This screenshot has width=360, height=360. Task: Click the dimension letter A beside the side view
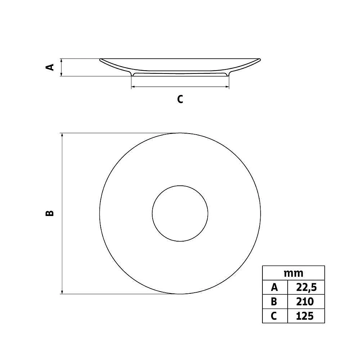[x=50, y=67]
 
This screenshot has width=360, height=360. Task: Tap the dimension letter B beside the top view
[x=50, y=213]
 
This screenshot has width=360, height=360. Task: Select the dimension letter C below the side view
[x=180, y=99]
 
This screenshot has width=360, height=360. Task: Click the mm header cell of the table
[x=293, y=273]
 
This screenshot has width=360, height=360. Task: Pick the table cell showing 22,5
[x=306, y=287]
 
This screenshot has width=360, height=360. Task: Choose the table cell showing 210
[x=306, y=301]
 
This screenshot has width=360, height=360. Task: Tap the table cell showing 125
[x=306, y=316]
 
